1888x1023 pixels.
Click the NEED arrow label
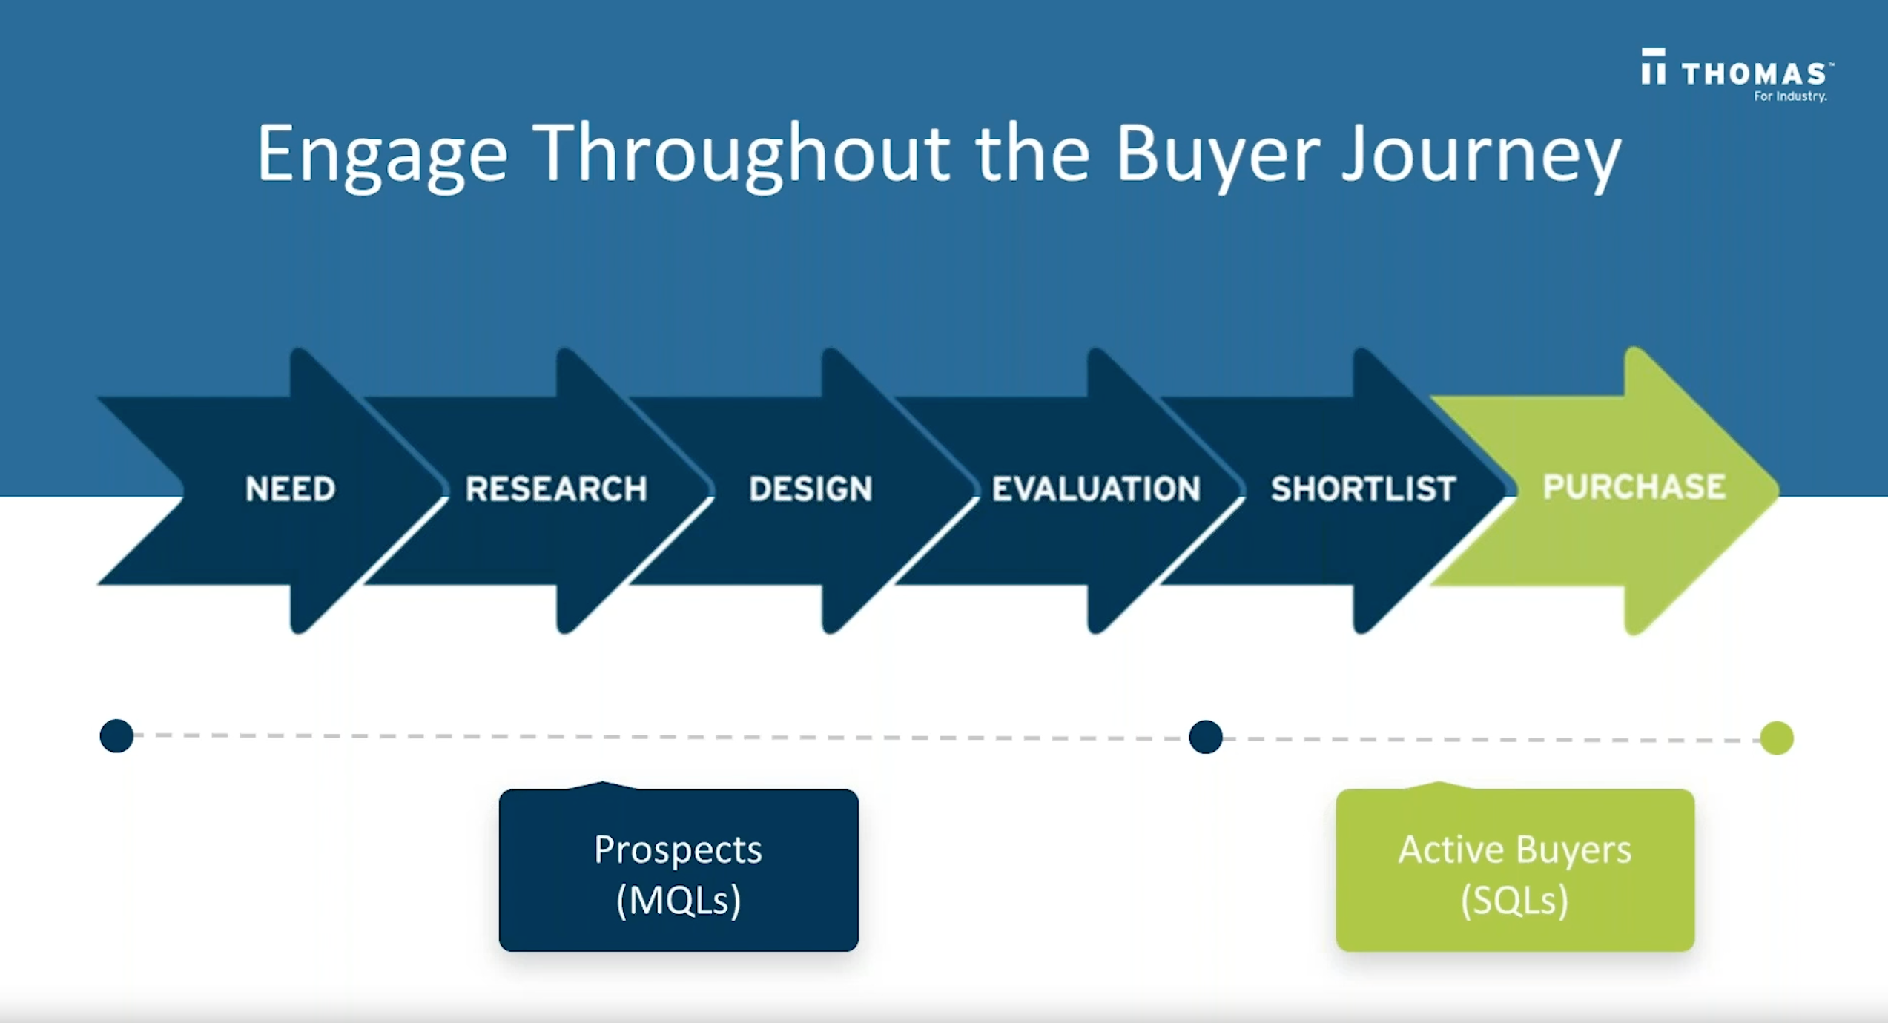point(290,489)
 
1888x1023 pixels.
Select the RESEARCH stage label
point(556,489)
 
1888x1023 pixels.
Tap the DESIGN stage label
point(811,489)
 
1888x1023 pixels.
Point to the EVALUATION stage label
point(1096,489)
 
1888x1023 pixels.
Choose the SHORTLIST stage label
point(1363,489)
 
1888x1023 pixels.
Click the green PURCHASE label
point(1634,487)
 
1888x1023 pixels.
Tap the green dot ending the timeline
point(1777,738)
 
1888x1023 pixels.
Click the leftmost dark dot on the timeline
point(116,736)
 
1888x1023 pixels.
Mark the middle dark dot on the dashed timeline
point(1205,737)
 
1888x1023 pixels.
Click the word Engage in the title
point(382,154)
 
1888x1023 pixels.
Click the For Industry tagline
point(1789,96)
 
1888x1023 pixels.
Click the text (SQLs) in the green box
point(1515,900)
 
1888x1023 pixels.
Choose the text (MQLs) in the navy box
point(679,900)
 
